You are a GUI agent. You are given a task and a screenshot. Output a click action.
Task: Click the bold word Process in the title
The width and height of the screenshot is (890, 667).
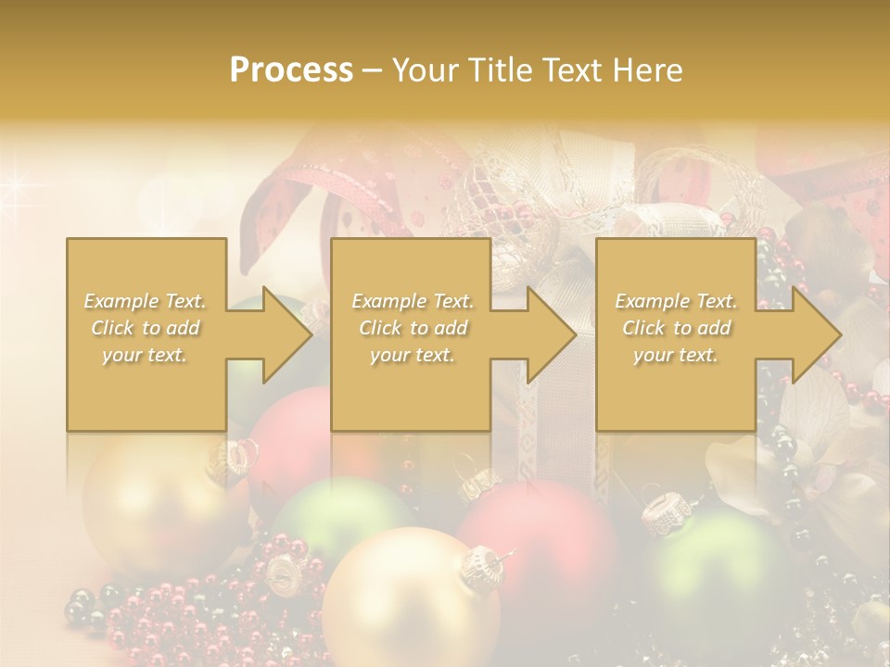(291, 70)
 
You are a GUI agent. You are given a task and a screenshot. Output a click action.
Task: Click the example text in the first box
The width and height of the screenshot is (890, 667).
(146, 328)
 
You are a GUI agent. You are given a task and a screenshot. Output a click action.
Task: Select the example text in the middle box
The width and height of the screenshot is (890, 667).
(412, 328)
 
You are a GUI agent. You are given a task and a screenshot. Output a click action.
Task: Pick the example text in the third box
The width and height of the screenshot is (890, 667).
(676, 328)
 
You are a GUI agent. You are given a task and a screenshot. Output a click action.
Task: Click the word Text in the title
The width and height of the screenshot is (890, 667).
(576, 70)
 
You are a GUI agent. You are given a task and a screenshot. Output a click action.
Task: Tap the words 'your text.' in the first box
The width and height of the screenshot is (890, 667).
(146, 355)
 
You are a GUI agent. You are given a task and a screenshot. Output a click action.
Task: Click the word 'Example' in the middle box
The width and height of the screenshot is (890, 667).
(384, 301)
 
